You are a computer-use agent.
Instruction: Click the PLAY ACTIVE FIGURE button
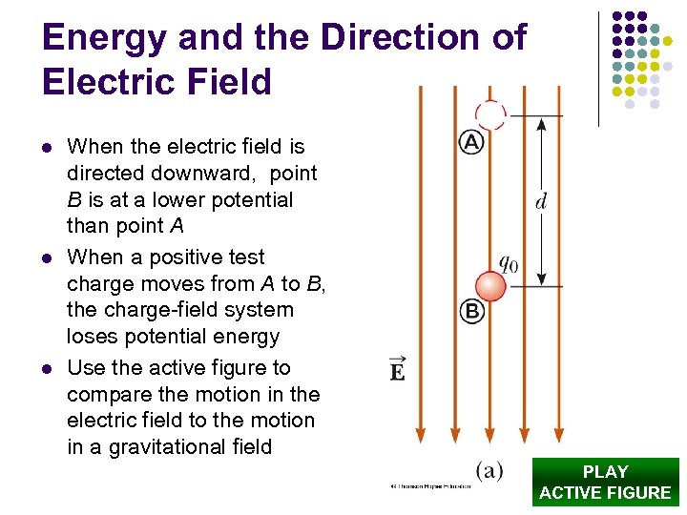coord(605,482)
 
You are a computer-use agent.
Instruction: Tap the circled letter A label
coord(472,143)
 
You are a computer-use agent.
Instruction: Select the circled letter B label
coord(472,311)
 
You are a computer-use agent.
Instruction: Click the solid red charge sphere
coord(490,286)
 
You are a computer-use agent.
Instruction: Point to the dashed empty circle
coord(490,114)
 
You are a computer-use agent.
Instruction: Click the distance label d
coord(541,201)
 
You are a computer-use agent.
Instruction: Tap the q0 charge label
coord(508,262)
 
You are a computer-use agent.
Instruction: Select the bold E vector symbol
coord(397,368)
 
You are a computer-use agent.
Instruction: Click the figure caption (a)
coord(489,469)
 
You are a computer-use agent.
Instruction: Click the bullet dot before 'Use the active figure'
coord(46,369)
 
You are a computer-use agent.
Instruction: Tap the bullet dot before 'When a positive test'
coord(46,258)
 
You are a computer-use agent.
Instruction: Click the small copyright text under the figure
coord(429,485)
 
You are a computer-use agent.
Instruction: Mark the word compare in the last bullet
coord(106,394)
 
